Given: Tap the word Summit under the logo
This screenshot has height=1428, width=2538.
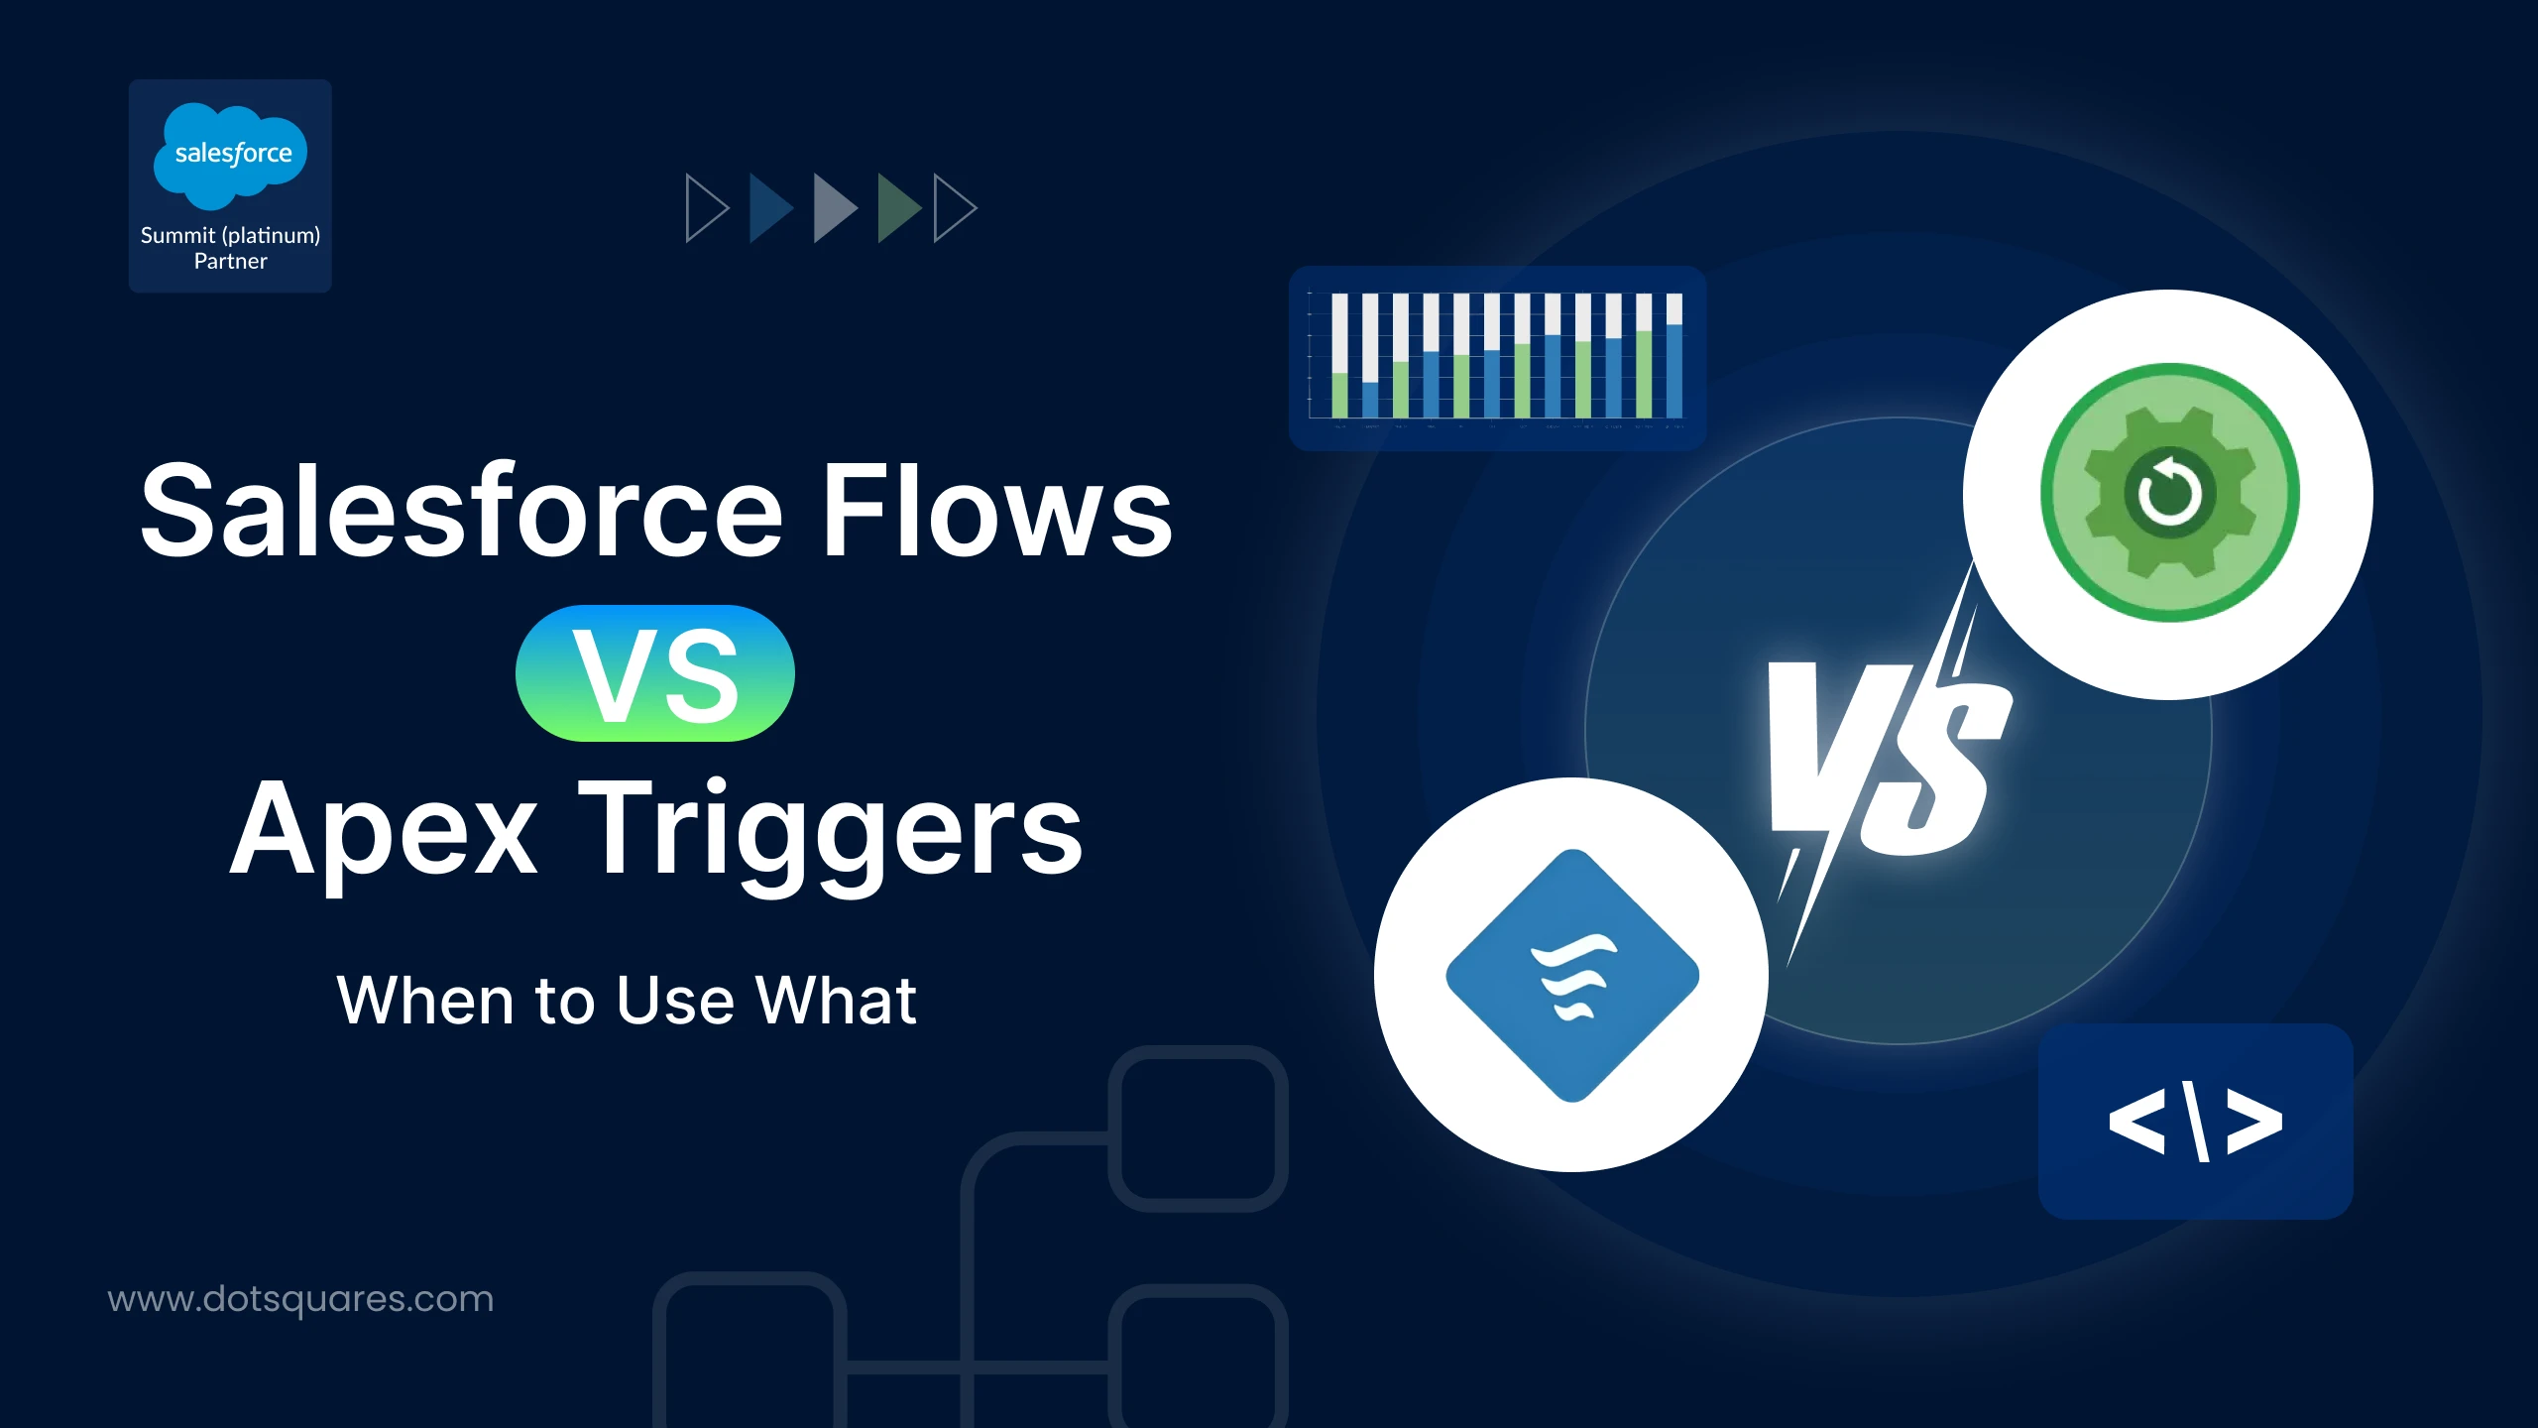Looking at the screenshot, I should (x=177, y=235).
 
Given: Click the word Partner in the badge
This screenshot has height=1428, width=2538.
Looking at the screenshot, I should (x=230, y=262).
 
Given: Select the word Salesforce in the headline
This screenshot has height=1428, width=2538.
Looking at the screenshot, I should (x=462, y=512).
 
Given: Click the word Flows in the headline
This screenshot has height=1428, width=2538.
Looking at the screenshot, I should (x=997, y=512).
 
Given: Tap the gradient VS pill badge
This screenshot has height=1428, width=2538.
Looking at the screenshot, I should (x=654, y=674).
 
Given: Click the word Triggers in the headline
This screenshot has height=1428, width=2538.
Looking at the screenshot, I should (x=831, y=831).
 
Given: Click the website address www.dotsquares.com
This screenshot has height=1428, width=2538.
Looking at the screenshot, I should (x=300, y=1299).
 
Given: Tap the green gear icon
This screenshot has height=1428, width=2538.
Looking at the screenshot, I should (x=2169, y=493).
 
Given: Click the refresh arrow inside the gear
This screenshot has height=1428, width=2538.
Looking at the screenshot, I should (x=2169, y=492).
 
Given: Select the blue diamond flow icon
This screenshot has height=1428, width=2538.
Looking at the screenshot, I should (x=1572, y=976).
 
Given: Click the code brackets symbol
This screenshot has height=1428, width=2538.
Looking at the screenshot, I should (x=2195, y=1122).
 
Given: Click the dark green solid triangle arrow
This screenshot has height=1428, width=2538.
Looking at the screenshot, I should (x=897, y=208).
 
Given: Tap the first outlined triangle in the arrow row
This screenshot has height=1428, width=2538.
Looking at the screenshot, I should (x=705, y=208).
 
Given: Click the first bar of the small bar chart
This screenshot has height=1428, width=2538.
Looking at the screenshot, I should (x=1339, y=355).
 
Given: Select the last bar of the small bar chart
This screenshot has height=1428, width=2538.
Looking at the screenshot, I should (x=1674, y=355).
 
